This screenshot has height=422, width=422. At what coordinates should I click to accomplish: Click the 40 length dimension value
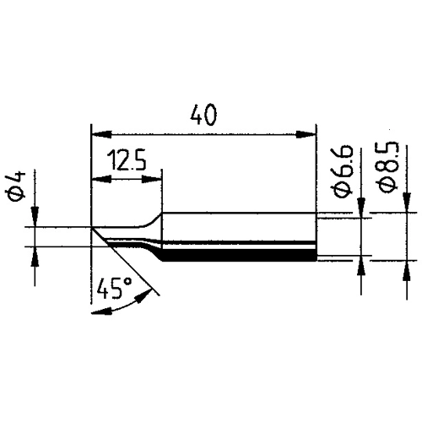click(x=203, y=115)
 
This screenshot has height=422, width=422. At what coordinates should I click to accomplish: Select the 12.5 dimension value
click(x=127, y=160)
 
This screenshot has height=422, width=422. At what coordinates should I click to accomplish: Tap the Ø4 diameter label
click(x=16, y=186)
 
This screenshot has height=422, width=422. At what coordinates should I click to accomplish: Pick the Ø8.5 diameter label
click(x=388, y=167)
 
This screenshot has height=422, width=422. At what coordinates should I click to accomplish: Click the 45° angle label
click(x=114, y=288)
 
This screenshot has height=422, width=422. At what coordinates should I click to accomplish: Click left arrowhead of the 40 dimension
click(x=102, y=134)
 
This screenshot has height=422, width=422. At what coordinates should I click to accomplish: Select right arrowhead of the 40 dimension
click(x=306, y=134)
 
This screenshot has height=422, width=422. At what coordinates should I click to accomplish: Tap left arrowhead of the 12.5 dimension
click(x=102, y=179)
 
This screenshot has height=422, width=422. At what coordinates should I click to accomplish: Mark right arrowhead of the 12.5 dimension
click(x=152, y=179)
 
